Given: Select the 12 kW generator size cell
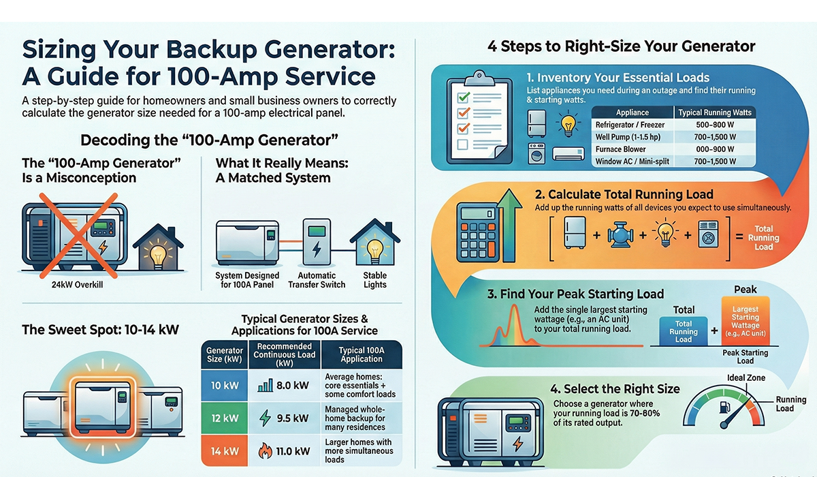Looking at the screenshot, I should (224, 418).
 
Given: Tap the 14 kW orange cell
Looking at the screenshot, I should (224, 450).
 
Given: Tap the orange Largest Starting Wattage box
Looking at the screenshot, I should (745, 321).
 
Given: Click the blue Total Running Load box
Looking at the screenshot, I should (683, 331).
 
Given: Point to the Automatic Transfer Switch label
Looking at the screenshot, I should (317, 280).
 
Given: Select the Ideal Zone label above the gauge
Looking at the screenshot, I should (746, 378).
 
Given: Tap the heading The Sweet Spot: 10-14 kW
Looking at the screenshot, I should (100, 330).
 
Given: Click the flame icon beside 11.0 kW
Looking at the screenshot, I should (265, 450).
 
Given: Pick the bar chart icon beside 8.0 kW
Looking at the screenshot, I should (265, 386).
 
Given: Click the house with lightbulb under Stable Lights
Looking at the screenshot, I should (374, 245).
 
